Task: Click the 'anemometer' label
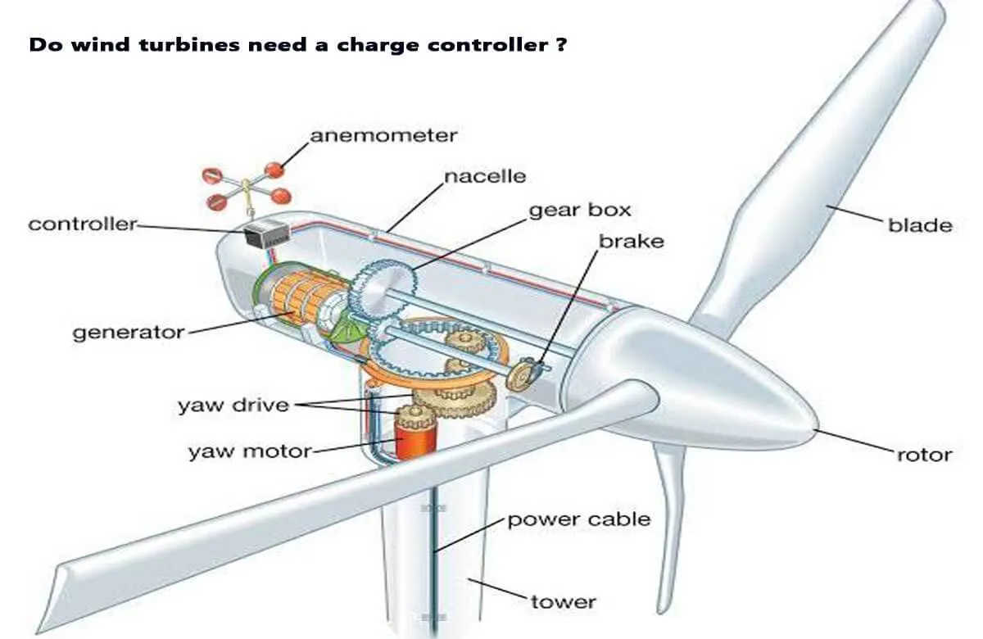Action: (x=383, y=136)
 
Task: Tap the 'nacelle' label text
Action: (x=485, y=176)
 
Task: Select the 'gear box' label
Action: (x=580, y=211)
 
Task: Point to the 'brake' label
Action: (x=632, y=242)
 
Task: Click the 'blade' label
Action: (x=920, y=225)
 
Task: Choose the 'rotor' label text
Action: (x=924, y=455)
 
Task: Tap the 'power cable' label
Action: (x=579, y=520)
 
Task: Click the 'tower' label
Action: (x=564, y=601)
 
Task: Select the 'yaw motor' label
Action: (x=250, y=451)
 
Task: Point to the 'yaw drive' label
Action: (x=233, y=406)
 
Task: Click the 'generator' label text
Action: (x=129, y=333)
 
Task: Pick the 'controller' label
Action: (x=83, y=224)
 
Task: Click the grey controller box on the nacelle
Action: (x=266, y=235)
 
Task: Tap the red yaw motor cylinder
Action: (x=415, y=440)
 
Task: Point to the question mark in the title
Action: (x=561, y=45)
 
